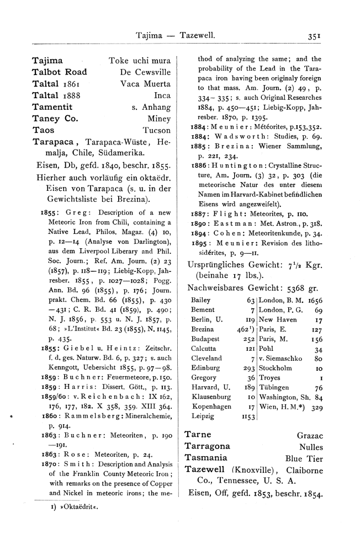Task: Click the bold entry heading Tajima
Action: click(x=47, y=60)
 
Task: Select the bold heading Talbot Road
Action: click(x=60, y=72)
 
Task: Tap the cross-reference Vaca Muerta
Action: click(x=145, y=84)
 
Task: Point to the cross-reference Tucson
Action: click(x=156, y=131)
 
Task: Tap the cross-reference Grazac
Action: click(x=310, y=436)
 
